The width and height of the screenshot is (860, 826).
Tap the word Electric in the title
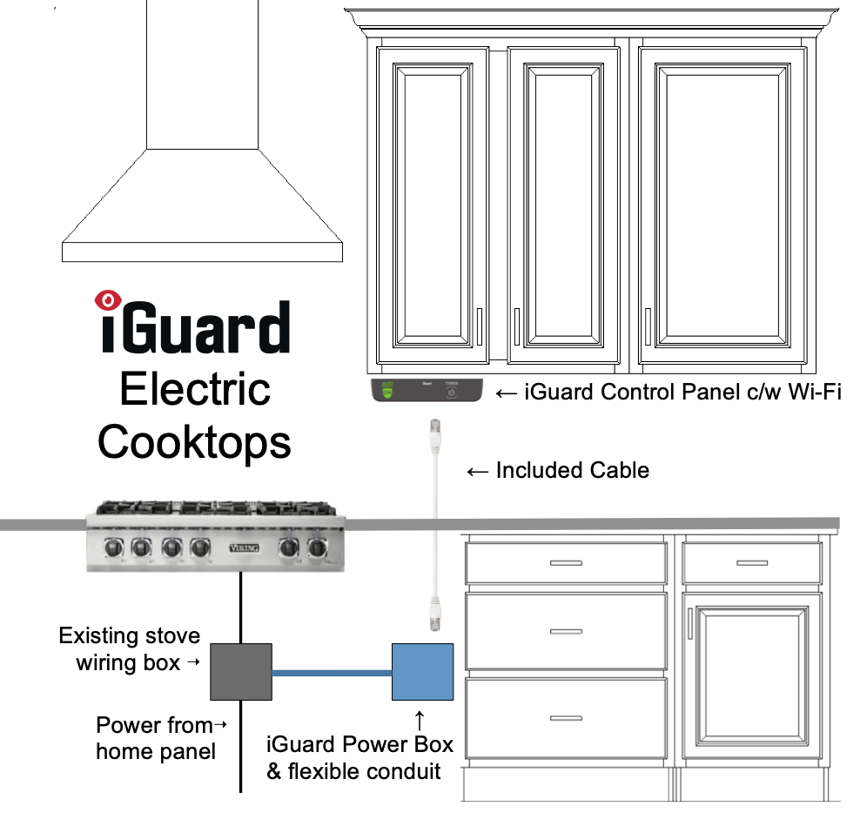[195, 389]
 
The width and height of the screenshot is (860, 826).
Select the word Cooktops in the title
[194, 441]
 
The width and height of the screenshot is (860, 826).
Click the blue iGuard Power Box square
[423, 671]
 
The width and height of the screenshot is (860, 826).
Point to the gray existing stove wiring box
[241, 671]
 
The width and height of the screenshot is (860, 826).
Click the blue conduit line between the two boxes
[332, 672]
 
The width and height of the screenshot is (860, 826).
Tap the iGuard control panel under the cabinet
[427, 392]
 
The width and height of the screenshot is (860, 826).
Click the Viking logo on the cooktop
[241, 547]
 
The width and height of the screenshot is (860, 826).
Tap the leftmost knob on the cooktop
[112, 547]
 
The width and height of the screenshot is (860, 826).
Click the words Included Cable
[572, 471]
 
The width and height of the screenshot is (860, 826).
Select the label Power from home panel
[156, 737]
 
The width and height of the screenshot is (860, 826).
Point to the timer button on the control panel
[451, 393]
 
